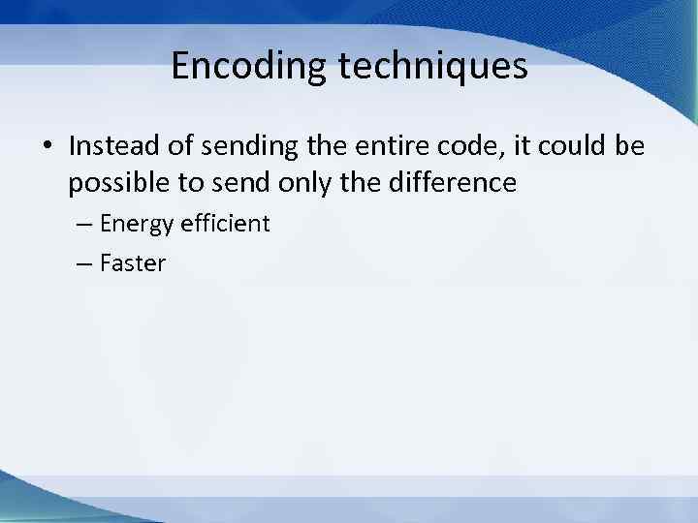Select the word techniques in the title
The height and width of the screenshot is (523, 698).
coord(426,67)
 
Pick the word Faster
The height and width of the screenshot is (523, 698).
coord(133,262)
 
